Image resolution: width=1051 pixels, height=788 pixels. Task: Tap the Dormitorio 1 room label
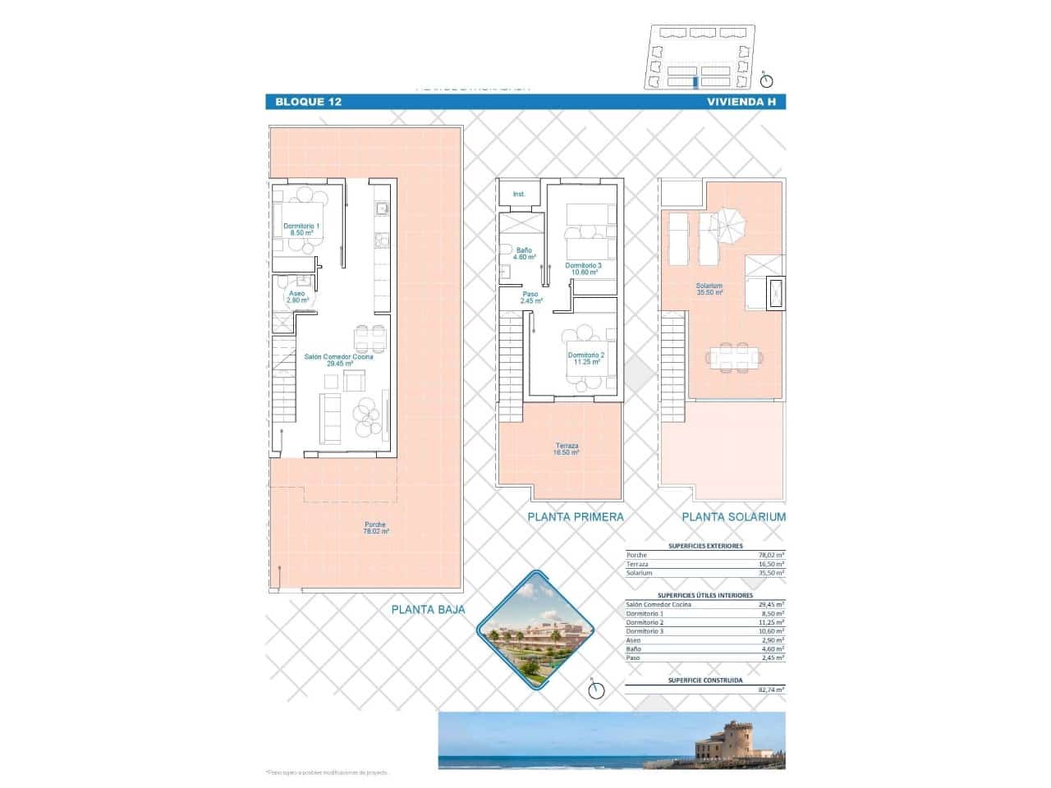coord(301,230)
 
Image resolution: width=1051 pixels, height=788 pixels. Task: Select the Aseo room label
coord(296,296)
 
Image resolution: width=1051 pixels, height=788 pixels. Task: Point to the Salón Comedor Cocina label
coord(338,360)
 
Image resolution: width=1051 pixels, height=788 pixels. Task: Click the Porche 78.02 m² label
coord(375,528)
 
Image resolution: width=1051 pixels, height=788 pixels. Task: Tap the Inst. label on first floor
coord(518,195)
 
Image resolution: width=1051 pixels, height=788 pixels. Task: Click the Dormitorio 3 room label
coord(583,268)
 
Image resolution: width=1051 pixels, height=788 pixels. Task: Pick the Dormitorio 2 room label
coord(585,358)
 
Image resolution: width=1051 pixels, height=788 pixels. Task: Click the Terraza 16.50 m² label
coord(567,449)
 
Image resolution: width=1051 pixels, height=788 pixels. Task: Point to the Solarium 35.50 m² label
coord(709,290)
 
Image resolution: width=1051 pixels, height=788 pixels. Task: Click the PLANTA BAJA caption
coord(428,610)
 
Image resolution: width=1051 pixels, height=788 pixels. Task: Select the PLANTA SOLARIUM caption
coord(733,517)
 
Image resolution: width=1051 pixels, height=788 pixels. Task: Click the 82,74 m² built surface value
coord(771,690)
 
